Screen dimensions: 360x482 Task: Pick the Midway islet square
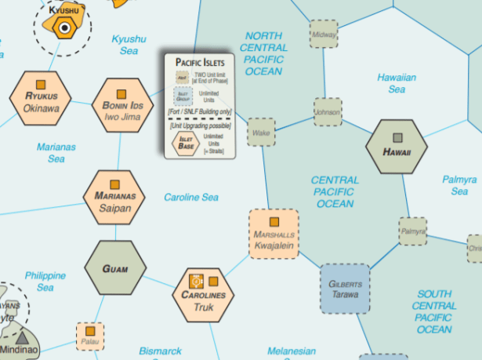point(324,35)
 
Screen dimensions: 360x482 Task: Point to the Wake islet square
point(261,133)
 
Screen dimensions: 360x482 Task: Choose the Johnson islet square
point(328,112)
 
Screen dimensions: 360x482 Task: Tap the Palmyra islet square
point(412,232)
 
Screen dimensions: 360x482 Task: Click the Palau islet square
point(90,336)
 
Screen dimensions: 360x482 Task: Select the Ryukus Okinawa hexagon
point(41,100)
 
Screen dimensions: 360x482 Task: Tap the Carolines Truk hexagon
point(203,293)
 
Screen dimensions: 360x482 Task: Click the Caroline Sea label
point(190,197)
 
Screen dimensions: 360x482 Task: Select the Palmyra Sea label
point(459,185)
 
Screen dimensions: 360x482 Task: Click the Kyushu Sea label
point(129,45)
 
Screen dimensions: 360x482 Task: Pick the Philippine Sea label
point(45,282)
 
